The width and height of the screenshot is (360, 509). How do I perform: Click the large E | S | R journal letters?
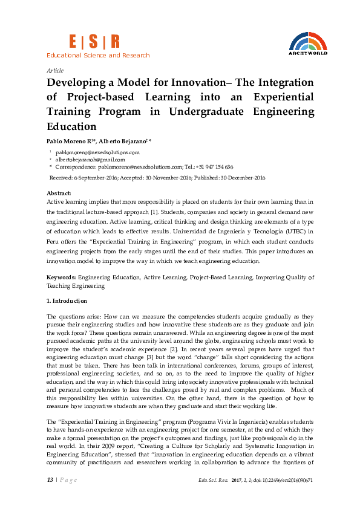coord(94,41)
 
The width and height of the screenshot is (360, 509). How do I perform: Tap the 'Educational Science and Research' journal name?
coord(98,56)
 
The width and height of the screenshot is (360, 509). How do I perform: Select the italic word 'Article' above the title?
coord(55,70)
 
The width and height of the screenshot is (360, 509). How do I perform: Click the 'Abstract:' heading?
coord(59,193)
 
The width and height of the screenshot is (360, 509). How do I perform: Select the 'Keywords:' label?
coord(61,277)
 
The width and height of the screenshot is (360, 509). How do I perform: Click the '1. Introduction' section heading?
coord(67,301)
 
